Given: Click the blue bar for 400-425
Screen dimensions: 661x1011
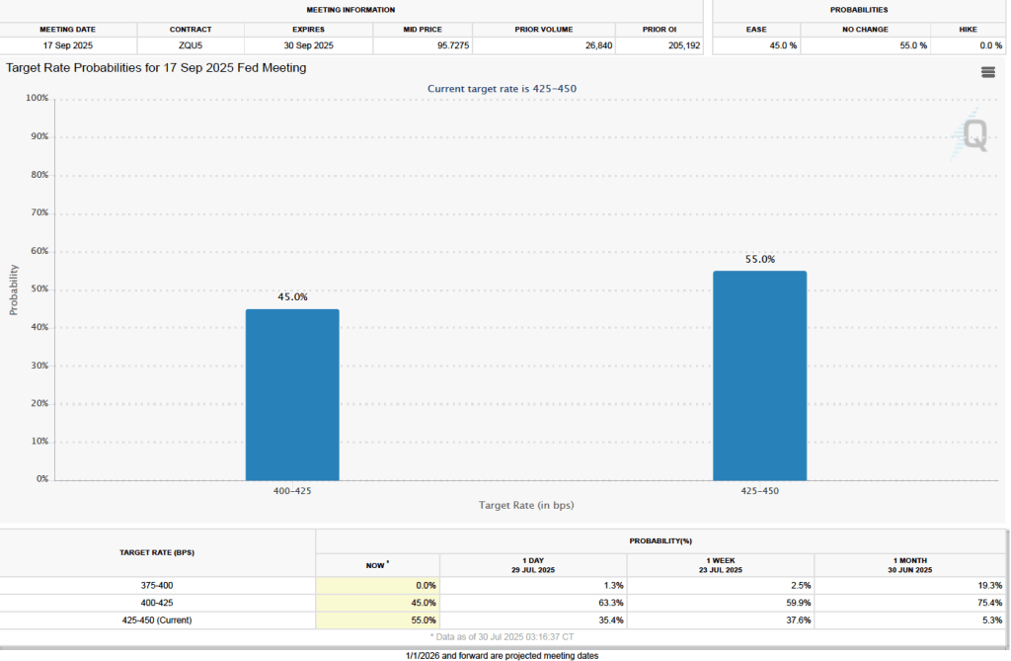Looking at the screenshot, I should coord(292,394).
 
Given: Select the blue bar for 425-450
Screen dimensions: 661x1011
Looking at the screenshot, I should coord(759,375).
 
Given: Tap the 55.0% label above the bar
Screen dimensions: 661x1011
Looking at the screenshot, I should coord(759,259).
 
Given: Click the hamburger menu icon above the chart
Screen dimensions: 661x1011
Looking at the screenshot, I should coord(987,72).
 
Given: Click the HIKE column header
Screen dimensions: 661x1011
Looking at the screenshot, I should coord(968,30).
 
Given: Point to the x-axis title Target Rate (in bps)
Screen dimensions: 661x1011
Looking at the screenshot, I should coord(526,505).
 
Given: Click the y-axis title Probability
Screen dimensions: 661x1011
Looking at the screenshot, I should coord(14,289).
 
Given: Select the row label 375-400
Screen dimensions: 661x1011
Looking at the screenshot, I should coord(157,585).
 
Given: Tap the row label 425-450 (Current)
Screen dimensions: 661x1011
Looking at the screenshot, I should coord(157,620).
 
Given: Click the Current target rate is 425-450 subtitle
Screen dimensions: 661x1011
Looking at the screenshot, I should coord(502,89).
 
